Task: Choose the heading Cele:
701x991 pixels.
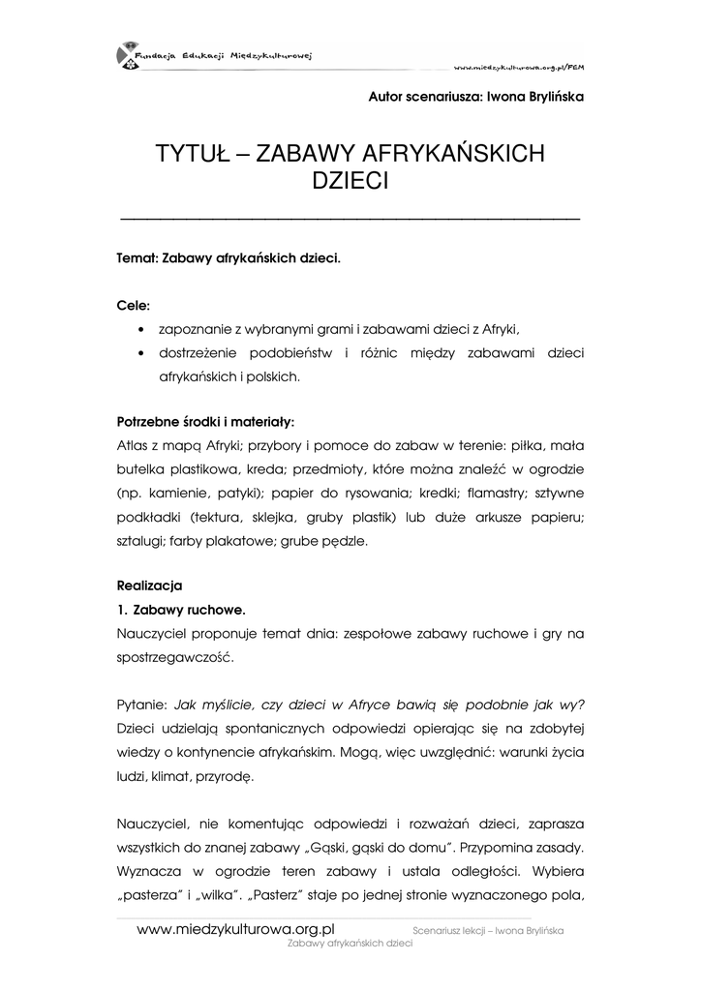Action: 134,306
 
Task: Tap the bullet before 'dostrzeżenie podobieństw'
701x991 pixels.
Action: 141,353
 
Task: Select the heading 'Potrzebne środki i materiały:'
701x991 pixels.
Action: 205,423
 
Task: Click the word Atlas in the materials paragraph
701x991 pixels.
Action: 132,446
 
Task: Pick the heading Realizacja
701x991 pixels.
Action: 149,586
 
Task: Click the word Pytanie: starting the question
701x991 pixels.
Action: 142,704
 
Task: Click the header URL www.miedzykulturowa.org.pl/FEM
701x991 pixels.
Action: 519,68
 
